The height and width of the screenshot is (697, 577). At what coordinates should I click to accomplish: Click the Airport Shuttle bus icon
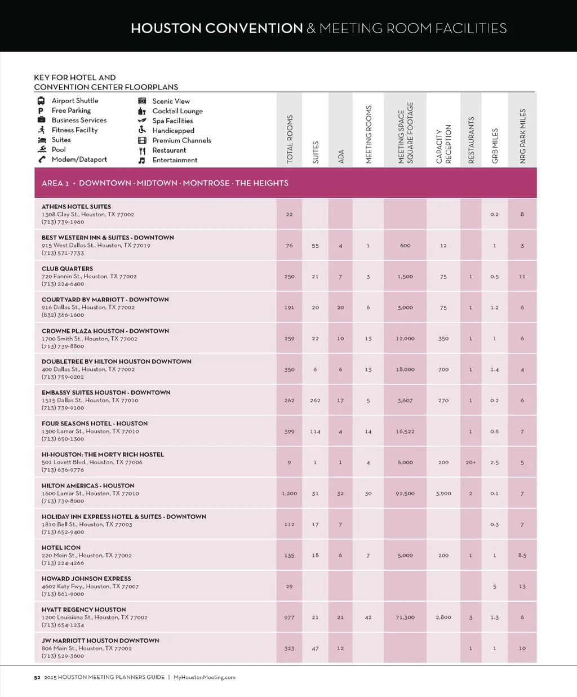pyautogui.click(x=41, y=101)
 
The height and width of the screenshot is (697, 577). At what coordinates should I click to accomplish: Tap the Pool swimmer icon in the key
pyautogui.click(x=42, y=149)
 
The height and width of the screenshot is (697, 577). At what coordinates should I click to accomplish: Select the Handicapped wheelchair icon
pyautogui.click(x=142, y=130)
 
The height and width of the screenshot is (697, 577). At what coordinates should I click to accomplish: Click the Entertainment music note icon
pyautogui.click(x=142, y=160)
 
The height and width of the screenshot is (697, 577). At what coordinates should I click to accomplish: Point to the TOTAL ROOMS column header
pyautogui.click(x=290, y=139)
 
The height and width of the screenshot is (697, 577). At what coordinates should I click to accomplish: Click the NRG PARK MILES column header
pyautogui.click(x=522, y=136)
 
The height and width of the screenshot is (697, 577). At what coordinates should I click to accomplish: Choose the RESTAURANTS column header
pyautogui.click(x=471, y=140)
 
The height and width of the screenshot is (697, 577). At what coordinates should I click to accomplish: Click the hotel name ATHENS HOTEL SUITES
pyautogui.click(x=76, y=207)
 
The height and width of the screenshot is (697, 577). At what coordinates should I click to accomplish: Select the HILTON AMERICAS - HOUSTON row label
pyautogui.click(x=88, y=486)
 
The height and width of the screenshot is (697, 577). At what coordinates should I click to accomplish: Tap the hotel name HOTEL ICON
pyautogui.click(x=61, y=548)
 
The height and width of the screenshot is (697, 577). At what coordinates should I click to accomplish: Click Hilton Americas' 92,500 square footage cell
pyautogui.click(x=405, y=494)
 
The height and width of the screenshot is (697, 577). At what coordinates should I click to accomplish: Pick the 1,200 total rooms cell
pyautogui.click(x=289, y=494)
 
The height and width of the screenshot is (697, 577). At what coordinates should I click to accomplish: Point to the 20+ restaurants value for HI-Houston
pyautogui.click(x=471, y=463)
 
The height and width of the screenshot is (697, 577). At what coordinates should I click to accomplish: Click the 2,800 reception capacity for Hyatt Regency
pyautogui.click(x=443, y=618)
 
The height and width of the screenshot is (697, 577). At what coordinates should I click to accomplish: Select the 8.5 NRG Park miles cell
pyautogui.click(x=522, y=556)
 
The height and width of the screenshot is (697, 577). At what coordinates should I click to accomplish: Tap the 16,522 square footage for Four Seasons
pyautogui.click(x=405, y=432)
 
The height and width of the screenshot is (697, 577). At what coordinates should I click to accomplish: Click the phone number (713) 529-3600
pyautogui.click(x=63, y=656)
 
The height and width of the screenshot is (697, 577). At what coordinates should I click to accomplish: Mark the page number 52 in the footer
pyautogui.click(x=37, y=677)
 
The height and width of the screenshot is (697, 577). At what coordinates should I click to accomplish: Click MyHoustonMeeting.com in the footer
pyautogui.click(x=205, y=677)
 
